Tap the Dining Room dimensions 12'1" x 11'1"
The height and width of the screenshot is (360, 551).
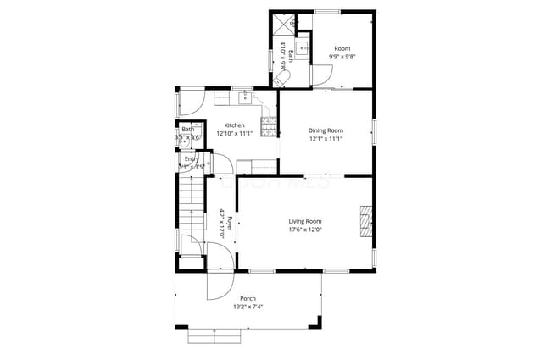(326, 139)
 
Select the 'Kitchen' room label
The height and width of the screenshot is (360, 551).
(235, 125)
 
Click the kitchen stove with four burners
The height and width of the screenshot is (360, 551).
(269, 128)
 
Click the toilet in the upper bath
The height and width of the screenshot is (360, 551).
(282, 79)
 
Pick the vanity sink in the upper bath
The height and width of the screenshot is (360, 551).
(302, 49)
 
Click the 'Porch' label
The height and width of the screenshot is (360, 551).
(248, 299)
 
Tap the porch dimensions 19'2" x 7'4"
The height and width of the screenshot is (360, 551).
(248, 307)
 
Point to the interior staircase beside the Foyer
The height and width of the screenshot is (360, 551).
(192, 208)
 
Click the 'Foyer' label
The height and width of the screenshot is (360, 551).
(229, 223)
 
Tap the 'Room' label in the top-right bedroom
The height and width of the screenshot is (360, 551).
(342, 48)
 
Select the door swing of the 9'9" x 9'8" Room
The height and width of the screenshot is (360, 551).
(322, 76)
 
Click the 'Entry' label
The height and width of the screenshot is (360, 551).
(192, 159)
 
